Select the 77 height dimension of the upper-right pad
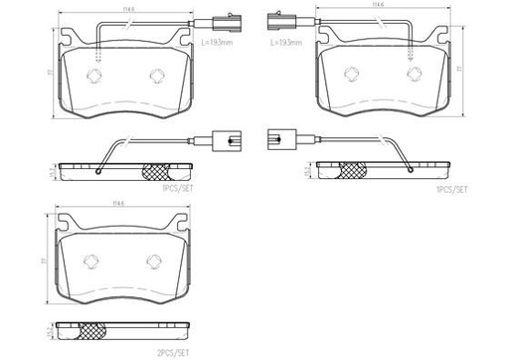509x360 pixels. tap(458, 72)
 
